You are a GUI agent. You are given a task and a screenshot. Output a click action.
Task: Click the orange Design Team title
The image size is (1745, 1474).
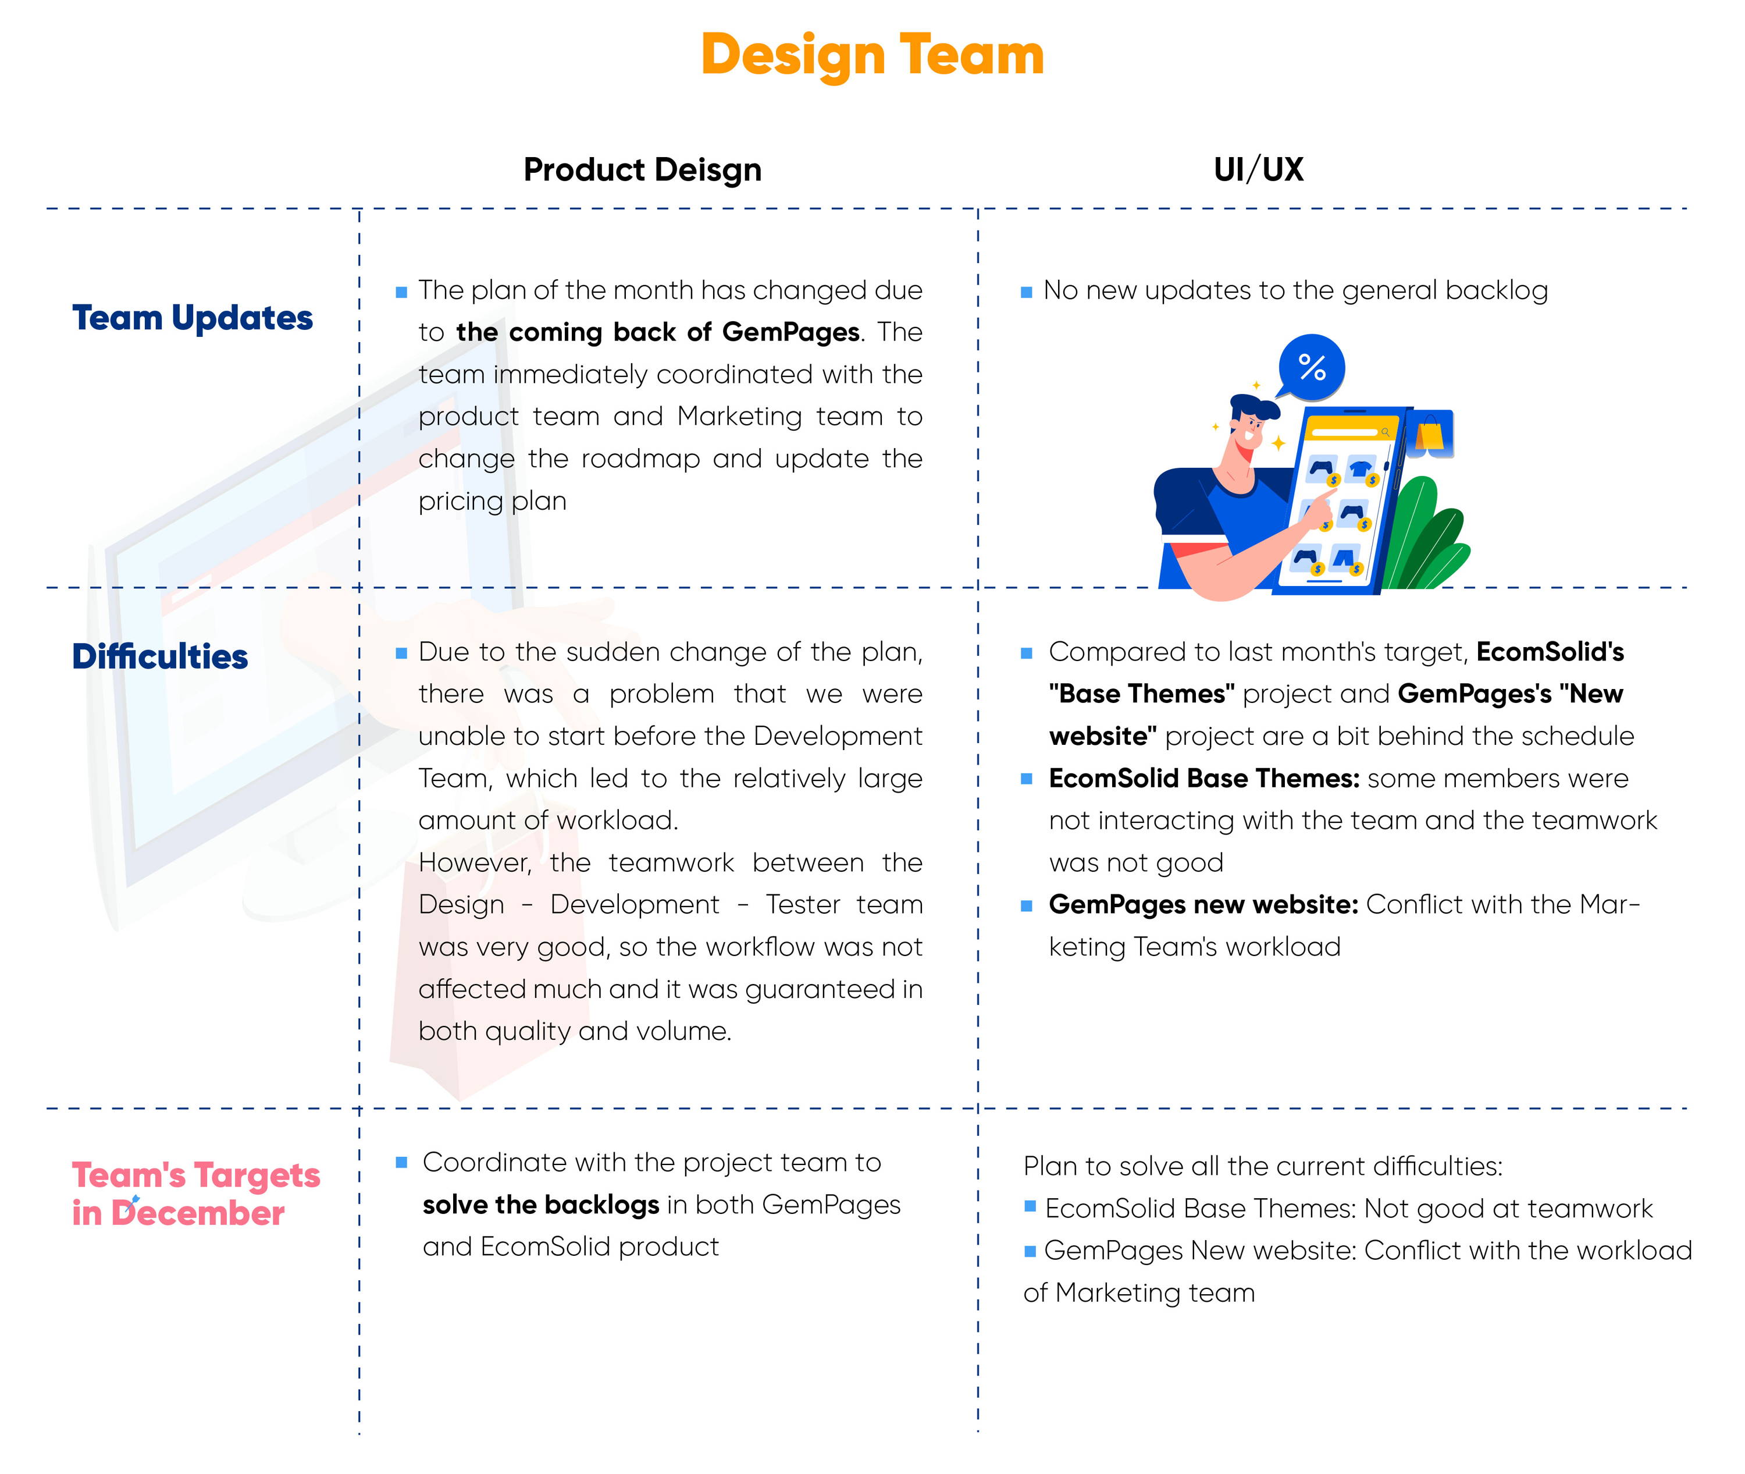click(872, 55)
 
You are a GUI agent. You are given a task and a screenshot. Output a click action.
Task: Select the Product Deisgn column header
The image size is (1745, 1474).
click(642, 169)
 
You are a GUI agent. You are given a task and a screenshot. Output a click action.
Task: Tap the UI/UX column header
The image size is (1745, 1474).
click(1258, 169)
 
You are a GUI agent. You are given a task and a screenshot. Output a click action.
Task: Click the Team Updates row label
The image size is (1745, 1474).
click(192, 318)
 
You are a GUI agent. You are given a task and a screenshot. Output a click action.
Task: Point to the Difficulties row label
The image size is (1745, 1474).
click(159, 657)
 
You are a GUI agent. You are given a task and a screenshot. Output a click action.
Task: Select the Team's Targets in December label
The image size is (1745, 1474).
click(196, 1194)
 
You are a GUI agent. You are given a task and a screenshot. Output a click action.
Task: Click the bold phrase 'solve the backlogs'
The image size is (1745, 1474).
click(540, 1205)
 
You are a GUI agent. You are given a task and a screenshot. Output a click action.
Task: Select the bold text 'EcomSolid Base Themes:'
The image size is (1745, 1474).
click(1205, 779)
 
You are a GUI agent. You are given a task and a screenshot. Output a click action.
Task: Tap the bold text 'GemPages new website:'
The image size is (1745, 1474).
click(1203, 905)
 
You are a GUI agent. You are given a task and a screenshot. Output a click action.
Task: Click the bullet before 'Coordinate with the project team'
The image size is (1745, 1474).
click(401, 1162)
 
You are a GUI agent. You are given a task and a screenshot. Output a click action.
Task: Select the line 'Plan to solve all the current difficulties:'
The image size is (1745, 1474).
click(1262, 1167)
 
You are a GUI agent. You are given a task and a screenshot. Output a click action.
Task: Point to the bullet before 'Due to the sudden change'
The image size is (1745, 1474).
click(401, 653)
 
